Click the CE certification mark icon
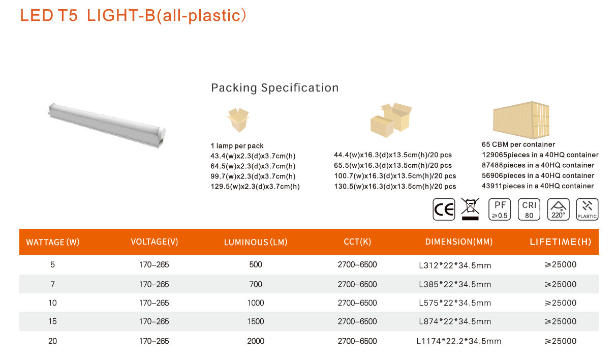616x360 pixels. point(444,209)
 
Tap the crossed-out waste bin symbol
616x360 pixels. point(470,209)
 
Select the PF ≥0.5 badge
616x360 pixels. point(500,209)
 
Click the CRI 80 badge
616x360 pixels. point(529,209)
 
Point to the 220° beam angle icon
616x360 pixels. point(558,209)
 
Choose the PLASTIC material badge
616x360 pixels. point(587,209)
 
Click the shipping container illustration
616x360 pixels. point(521,120)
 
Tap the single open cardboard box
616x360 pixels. point(238,120)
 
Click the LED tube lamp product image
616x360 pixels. point(107,126)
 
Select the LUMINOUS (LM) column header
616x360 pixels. point(256,242)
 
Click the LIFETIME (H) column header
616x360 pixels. point(561,242)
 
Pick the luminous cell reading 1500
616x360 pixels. point(256,321)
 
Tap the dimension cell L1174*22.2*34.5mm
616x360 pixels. point(459,341)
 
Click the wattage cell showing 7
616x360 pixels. point(52,284)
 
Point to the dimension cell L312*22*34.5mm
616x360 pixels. point(455,265)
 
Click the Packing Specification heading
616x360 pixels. point(275,88)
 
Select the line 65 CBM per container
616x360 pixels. point(518,144)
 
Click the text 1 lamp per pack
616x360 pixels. point(237,146)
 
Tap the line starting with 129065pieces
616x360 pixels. point(540,155)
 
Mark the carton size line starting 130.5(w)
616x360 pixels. point(395,187)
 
